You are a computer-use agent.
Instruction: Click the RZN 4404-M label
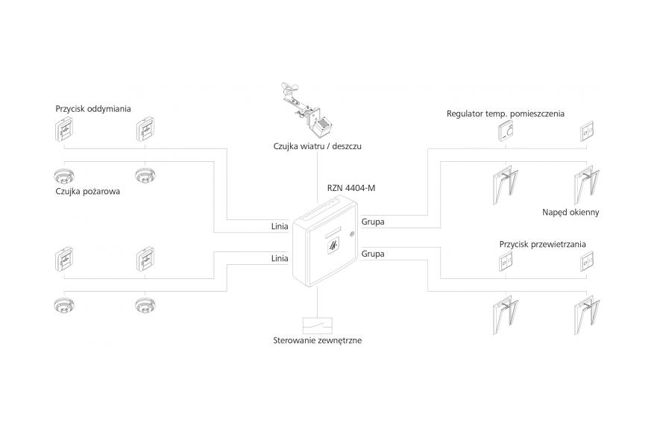[x=351, y=187]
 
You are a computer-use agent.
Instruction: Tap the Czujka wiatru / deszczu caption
[x=317, y=146]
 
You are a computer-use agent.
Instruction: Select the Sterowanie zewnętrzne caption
[x=317, y=341]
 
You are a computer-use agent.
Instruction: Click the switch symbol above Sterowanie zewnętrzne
[x=318, y=325]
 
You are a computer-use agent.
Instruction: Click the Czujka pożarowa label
[x=88, y=190]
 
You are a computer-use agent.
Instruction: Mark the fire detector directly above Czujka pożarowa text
[x=65, y=176]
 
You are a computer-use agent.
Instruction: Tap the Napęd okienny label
[x=571, y=212]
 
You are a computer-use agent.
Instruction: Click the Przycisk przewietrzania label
[x=542, y=244]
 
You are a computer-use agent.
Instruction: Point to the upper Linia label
[x=280, y=223]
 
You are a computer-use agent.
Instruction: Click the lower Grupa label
[x=373, y=254]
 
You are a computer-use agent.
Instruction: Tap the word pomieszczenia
[x=537, y=114]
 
